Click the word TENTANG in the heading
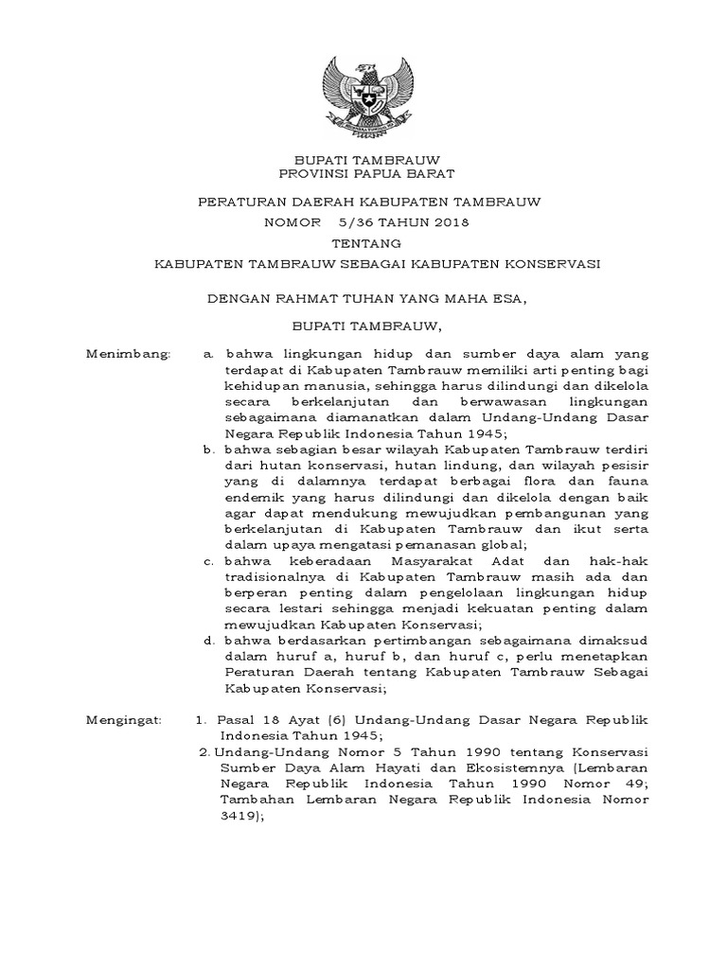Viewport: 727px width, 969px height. click(363, 243)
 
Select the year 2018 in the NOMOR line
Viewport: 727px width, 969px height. click(447, 223)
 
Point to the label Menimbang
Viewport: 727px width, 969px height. click(128, 353)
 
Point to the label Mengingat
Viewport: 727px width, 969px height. click(125, 721)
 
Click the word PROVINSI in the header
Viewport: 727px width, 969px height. click(320, 174)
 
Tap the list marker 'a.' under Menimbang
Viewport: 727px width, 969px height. click(209, 353)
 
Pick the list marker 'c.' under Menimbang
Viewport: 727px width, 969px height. click(209, 562)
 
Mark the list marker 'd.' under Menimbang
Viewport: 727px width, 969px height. click(209, 641)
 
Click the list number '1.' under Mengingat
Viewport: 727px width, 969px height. click(202, 721)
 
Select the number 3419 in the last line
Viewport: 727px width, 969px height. click(237, 816)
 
